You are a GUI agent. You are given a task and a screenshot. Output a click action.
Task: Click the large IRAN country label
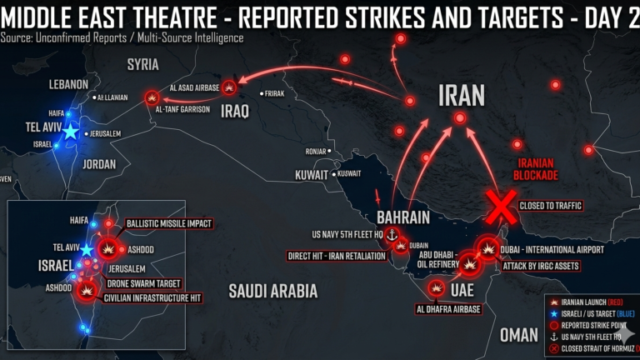(x=461, y=95)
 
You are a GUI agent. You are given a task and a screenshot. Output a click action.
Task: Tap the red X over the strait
(x=501, y=207)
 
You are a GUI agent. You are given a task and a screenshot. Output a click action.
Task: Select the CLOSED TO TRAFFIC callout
(x=551, y=204)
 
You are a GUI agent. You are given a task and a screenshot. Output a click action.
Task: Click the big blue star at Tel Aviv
(x=71, y=132)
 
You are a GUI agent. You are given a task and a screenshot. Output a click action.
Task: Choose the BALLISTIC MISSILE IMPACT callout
(x=169, y=224)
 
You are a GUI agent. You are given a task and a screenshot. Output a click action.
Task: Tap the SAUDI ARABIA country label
(x=274, y=291)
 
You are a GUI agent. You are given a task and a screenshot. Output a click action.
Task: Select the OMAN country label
(x=518, y=334)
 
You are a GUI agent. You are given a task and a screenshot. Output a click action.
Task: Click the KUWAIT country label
(x=312, y=175)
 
